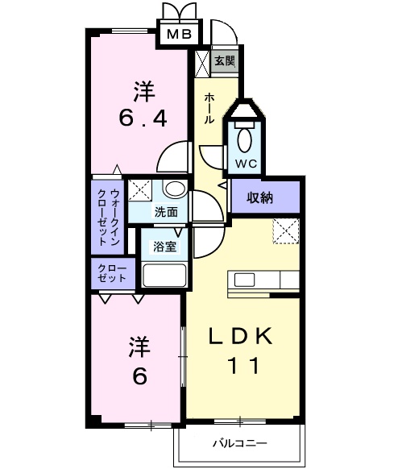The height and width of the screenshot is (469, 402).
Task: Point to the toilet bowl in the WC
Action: [245, 139]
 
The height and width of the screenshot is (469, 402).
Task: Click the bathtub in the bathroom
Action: [164, 275]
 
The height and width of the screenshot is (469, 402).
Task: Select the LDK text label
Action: [242, 336]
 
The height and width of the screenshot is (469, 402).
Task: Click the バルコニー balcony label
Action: [239, 442]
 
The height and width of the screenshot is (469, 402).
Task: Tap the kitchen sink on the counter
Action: [245, 280]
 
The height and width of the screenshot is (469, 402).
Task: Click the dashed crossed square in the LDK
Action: [284, 230]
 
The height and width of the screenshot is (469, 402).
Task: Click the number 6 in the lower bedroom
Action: [139, 376]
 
